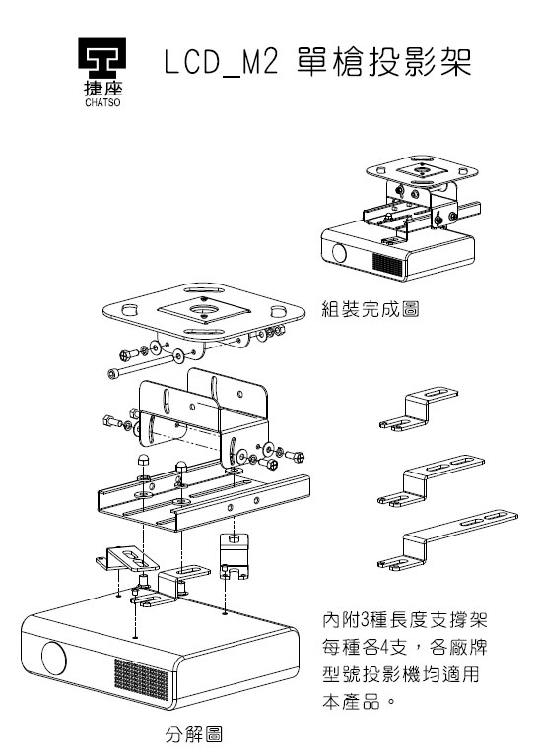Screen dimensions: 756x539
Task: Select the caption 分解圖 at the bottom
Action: (x=192, y=734)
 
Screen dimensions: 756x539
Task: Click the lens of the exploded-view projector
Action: (x=54, y=658)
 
